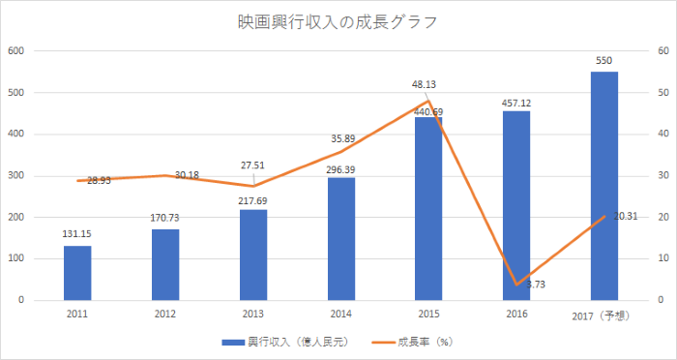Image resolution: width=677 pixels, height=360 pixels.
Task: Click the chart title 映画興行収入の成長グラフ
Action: point(338,21)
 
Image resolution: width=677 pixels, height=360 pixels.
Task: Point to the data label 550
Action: point(603,61)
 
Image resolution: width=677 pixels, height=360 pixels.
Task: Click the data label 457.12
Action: point(516,102)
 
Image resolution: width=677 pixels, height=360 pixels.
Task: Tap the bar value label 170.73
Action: point(165,218)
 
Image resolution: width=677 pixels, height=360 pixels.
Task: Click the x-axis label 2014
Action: point(340,314)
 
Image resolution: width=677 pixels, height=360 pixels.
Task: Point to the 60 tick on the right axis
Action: point(661,51)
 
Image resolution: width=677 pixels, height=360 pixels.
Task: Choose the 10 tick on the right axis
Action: point(661,258)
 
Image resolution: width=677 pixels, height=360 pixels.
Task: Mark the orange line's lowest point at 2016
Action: point(516,285)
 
